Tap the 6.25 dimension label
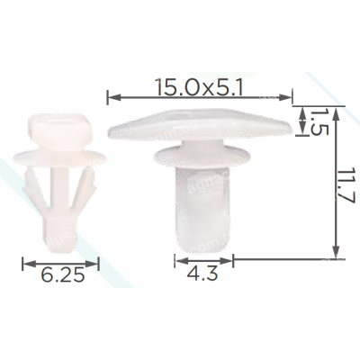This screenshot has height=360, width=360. pyautogui.click(x=63, y=275)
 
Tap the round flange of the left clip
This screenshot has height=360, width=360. pyautogui.click(x=59, y=157)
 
